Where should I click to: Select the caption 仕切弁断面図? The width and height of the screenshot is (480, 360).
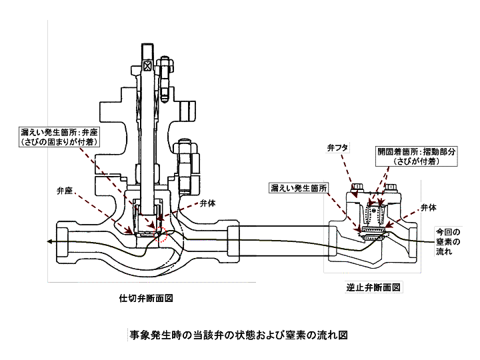point(146,298)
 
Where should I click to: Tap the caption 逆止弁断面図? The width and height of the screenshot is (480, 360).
point(373,288)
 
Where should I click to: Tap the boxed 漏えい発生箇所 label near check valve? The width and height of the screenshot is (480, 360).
point(299,189)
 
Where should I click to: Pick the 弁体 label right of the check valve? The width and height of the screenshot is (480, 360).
point(429,207)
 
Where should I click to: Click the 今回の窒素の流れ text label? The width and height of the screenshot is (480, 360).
point(443,242)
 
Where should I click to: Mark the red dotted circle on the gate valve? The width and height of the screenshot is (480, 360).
point(161,235)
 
